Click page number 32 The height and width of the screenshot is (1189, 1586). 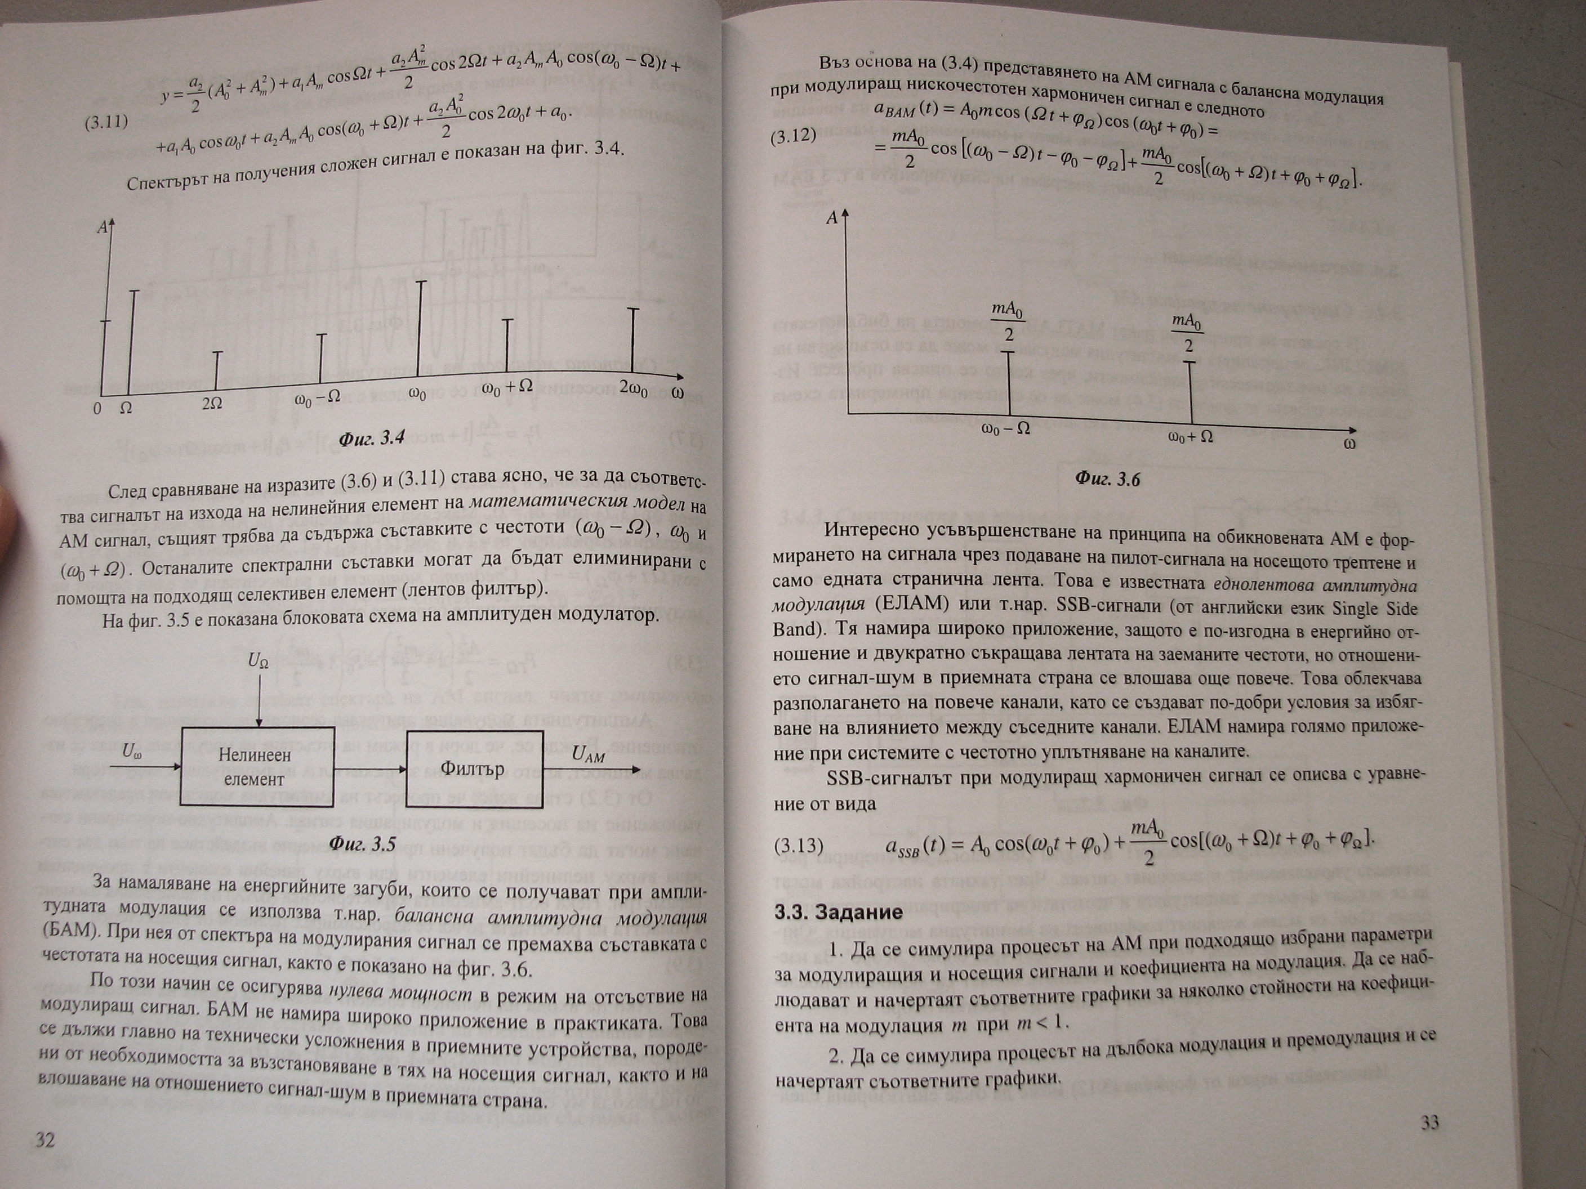click(45, 1139)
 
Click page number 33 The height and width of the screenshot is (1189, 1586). click(1429, 1123)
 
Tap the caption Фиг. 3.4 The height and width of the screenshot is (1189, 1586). click(371, 438)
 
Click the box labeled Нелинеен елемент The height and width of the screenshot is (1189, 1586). click(254, 766)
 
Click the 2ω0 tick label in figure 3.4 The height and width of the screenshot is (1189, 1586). click(634, 388)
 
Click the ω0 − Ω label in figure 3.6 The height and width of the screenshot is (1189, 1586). click(1006, 428)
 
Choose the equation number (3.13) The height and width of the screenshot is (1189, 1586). click(799, 845)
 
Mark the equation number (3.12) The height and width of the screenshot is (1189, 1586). click(793, 137)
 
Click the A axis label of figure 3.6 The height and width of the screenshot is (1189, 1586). click(832, 218)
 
